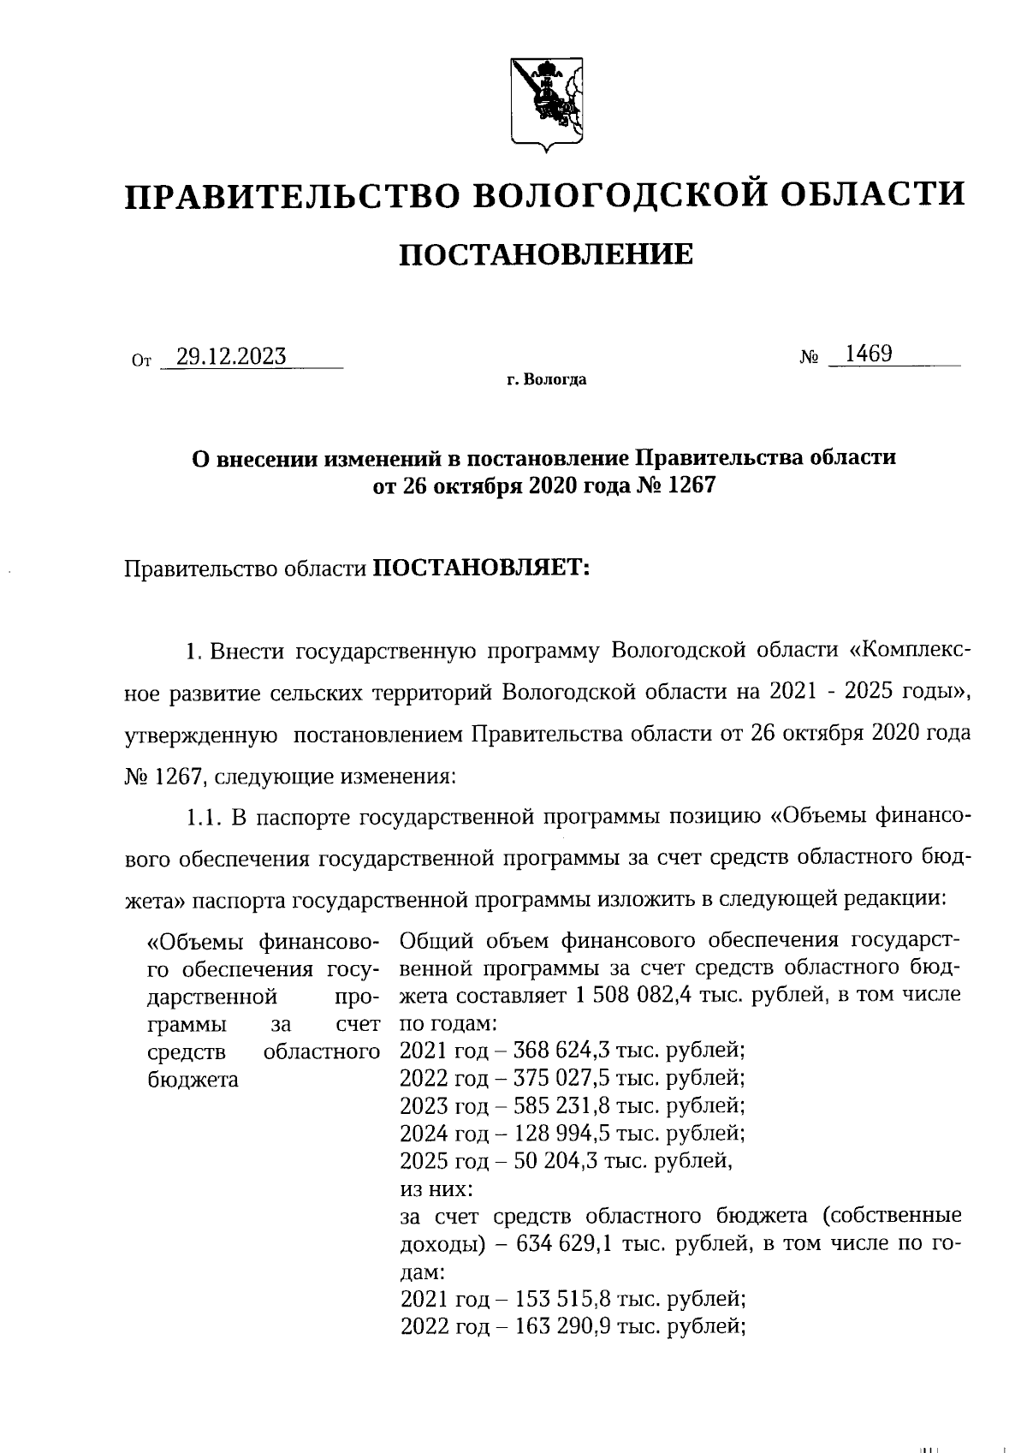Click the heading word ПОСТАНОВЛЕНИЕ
[546, 254]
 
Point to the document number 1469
[868, 354]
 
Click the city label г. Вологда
[545, 379]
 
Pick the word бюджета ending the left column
[193, 1079]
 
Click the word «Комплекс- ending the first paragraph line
[909, 651]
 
